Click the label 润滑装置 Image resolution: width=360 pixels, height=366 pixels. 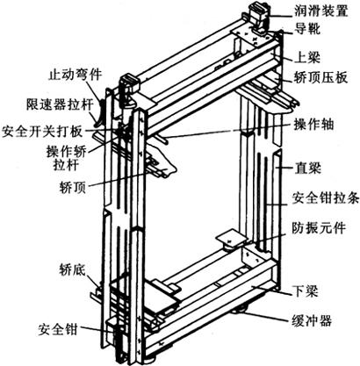[x=321, y=11]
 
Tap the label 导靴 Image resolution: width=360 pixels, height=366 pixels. [x=307, y=29]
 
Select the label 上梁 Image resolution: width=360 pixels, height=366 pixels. [x=307, y=57]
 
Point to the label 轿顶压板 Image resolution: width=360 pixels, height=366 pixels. [x=320, y=77]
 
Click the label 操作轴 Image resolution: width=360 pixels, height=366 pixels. [x=313, y=125]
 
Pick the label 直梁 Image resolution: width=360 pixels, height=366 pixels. [x=307, y=168]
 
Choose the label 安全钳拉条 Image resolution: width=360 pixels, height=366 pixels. [x=326, y=198]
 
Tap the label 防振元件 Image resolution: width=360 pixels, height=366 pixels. [x=319, y=227]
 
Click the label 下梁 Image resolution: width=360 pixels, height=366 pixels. [x=306, y=291]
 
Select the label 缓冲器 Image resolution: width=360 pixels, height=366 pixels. [x=312, y=320]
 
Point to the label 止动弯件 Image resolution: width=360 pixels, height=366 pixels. [x=75, y=75]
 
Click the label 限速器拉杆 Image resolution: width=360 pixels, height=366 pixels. [x=60, y=104]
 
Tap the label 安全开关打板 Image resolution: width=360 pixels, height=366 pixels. [x=42, y=132]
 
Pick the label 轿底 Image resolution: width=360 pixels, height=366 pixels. [x=72, y=269]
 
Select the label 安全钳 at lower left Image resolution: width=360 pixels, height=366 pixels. [x=58, y=330]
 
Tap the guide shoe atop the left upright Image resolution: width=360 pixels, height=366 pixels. [x=129, y=87]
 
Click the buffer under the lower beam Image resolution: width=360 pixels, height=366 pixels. [x=240, y=310]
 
